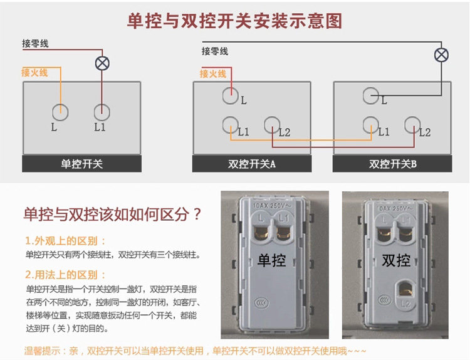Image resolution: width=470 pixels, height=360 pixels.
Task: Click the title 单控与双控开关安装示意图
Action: [x=234, y=21]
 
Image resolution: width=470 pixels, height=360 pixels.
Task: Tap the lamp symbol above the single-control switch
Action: [x=102, y=63]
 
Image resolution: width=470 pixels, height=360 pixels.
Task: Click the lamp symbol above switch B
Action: [x=442, y=55]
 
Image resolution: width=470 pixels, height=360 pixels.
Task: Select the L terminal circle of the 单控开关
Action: [x=60, y=112]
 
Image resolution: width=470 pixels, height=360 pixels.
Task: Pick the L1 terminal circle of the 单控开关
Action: [x=102, y=112]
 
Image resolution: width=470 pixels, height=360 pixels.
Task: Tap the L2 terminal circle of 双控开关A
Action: [x=271, y=125]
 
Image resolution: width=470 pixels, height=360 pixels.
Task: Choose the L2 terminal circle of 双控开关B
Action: [x=412, y=125]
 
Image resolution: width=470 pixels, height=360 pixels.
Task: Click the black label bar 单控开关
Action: [x=81, y=164]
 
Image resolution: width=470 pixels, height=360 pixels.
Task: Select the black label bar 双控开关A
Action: [x=252, y=164]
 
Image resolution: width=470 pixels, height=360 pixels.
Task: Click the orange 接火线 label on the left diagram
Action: [x=34, y=73]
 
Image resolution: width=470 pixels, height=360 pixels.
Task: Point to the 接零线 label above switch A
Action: [x=214, y=51]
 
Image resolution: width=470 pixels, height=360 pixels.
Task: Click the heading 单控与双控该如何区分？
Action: [x=113, y=215]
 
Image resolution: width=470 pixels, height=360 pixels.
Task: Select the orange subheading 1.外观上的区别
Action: [x=66, y=241]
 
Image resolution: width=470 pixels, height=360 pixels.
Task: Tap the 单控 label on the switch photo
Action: [x=271, y=259]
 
